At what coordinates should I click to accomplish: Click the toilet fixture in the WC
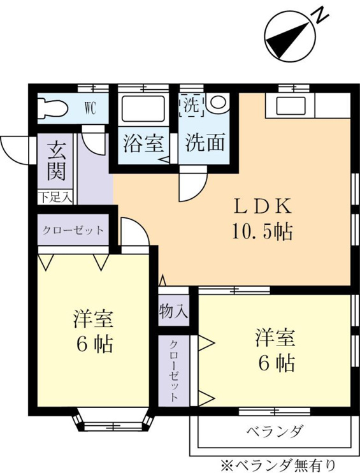click(x=53, y=108)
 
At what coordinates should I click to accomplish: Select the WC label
click(x=90, y=108)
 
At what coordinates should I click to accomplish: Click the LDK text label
click(x=263, y=207)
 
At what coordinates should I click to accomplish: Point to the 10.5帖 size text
click(x=263, y=231)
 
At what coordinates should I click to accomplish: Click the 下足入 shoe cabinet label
click(x=55, y=198)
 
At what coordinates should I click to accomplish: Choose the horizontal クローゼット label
click(x=73, y=231)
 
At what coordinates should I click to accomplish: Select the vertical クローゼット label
click(x=174, y=371)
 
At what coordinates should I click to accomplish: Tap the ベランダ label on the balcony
click(x=274, y=432)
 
